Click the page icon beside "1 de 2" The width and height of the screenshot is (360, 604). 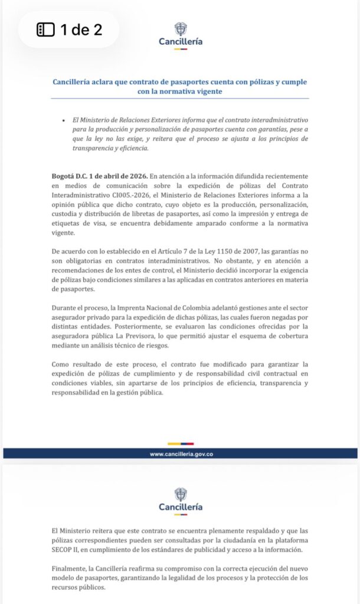coord(45,29)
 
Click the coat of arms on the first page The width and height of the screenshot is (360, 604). coord(181,28)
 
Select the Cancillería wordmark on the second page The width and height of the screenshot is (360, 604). coord(181,507)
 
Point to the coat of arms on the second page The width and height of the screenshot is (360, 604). coord(181,494)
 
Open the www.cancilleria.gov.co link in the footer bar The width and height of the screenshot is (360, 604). coord(181,454)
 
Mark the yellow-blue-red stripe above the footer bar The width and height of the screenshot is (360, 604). coord(181,444)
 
